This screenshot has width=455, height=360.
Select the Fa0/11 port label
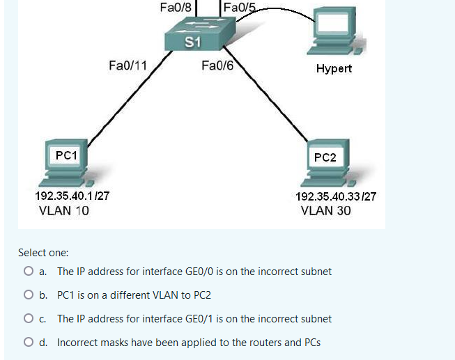[128, 66]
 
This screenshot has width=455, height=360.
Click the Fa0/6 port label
[217, 66]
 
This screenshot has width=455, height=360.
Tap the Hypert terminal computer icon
[337, 32]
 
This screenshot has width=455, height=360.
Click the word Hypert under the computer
[334, 68]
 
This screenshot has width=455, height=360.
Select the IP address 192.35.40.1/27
[71, 196]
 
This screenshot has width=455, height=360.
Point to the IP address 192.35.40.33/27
[336, 196]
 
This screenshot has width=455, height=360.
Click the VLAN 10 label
[64, 211]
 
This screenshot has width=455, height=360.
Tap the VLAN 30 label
[326, 211]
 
